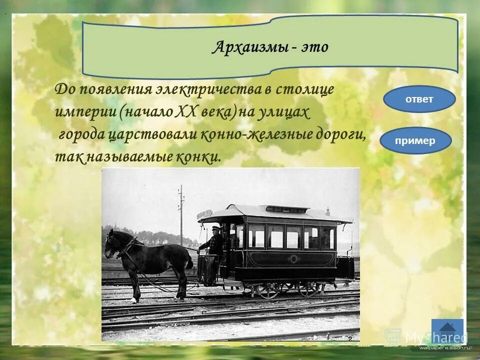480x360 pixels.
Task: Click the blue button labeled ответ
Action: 419,99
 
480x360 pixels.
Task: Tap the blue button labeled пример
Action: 415,140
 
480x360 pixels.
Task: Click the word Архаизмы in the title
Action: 249,48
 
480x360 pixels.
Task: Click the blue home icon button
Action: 447,330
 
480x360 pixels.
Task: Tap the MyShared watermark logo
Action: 430,337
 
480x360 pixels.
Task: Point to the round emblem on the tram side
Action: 293,259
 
